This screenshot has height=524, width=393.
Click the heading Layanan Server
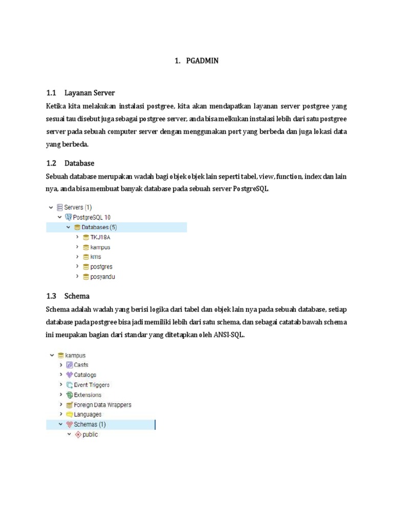coord(90,93)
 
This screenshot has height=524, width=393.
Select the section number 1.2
coord(50,163)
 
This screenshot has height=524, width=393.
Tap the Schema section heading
coord(77,296)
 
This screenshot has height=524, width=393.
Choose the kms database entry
coord(96,257)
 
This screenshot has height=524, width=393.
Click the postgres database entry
coord(101,267)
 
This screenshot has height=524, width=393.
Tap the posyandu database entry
coord(102,277)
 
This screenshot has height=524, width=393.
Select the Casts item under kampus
coord(81,365)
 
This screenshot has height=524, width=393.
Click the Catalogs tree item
coord(85,375)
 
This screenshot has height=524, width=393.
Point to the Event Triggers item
coord(92,385)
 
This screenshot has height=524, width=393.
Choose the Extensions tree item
coord(88,395)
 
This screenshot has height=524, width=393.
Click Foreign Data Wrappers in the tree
coord(102,405)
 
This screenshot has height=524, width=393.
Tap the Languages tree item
coord(88,414)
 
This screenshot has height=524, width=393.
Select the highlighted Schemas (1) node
coord(90,425)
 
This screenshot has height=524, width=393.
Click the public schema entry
coord(90,434)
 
